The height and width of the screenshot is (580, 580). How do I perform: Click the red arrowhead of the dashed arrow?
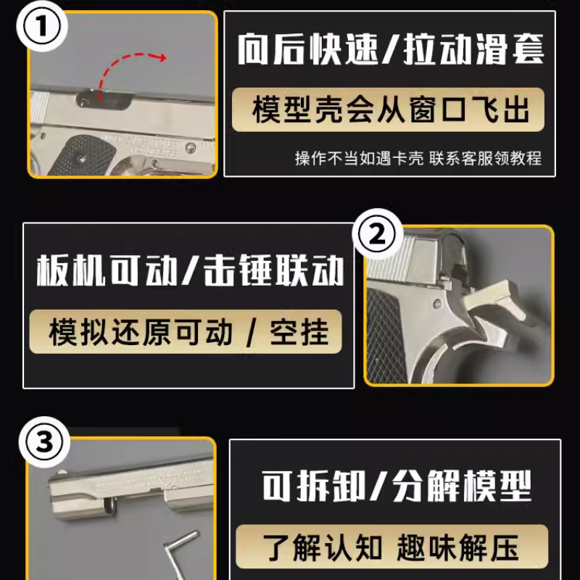(x=162, y=57)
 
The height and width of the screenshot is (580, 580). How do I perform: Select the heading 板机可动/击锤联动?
(x=190, y=272)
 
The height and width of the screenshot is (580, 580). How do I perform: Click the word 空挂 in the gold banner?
(x=297, y=332)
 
